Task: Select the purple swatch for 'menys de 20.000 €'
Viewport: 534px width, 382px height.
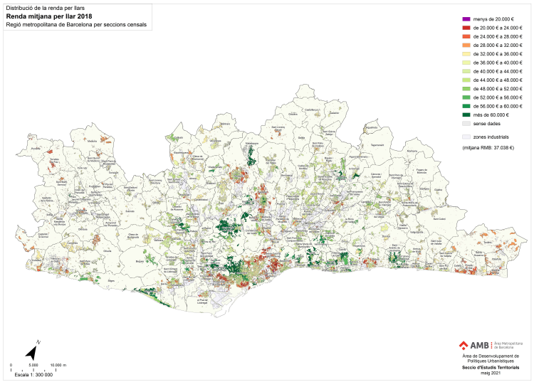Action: point(466,19)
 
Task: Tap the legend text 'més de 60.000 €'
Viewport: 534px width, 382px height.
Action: point(491,115)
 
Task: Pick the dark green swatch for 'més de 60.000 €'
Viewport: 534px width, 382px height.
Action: point(466,115)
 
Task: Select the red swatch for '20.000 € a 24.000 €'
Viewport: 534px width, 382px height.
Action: point(466,28)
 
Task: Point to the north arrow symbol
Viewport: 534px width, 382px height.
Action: point(32,351)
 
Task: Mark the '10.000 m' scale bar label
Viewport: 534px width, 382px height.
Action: point(59,365)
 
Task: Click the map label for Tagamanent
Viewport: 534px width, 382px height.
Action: point(397,144)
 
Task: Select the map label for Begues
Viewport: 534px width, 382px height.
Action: point(139,261)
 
